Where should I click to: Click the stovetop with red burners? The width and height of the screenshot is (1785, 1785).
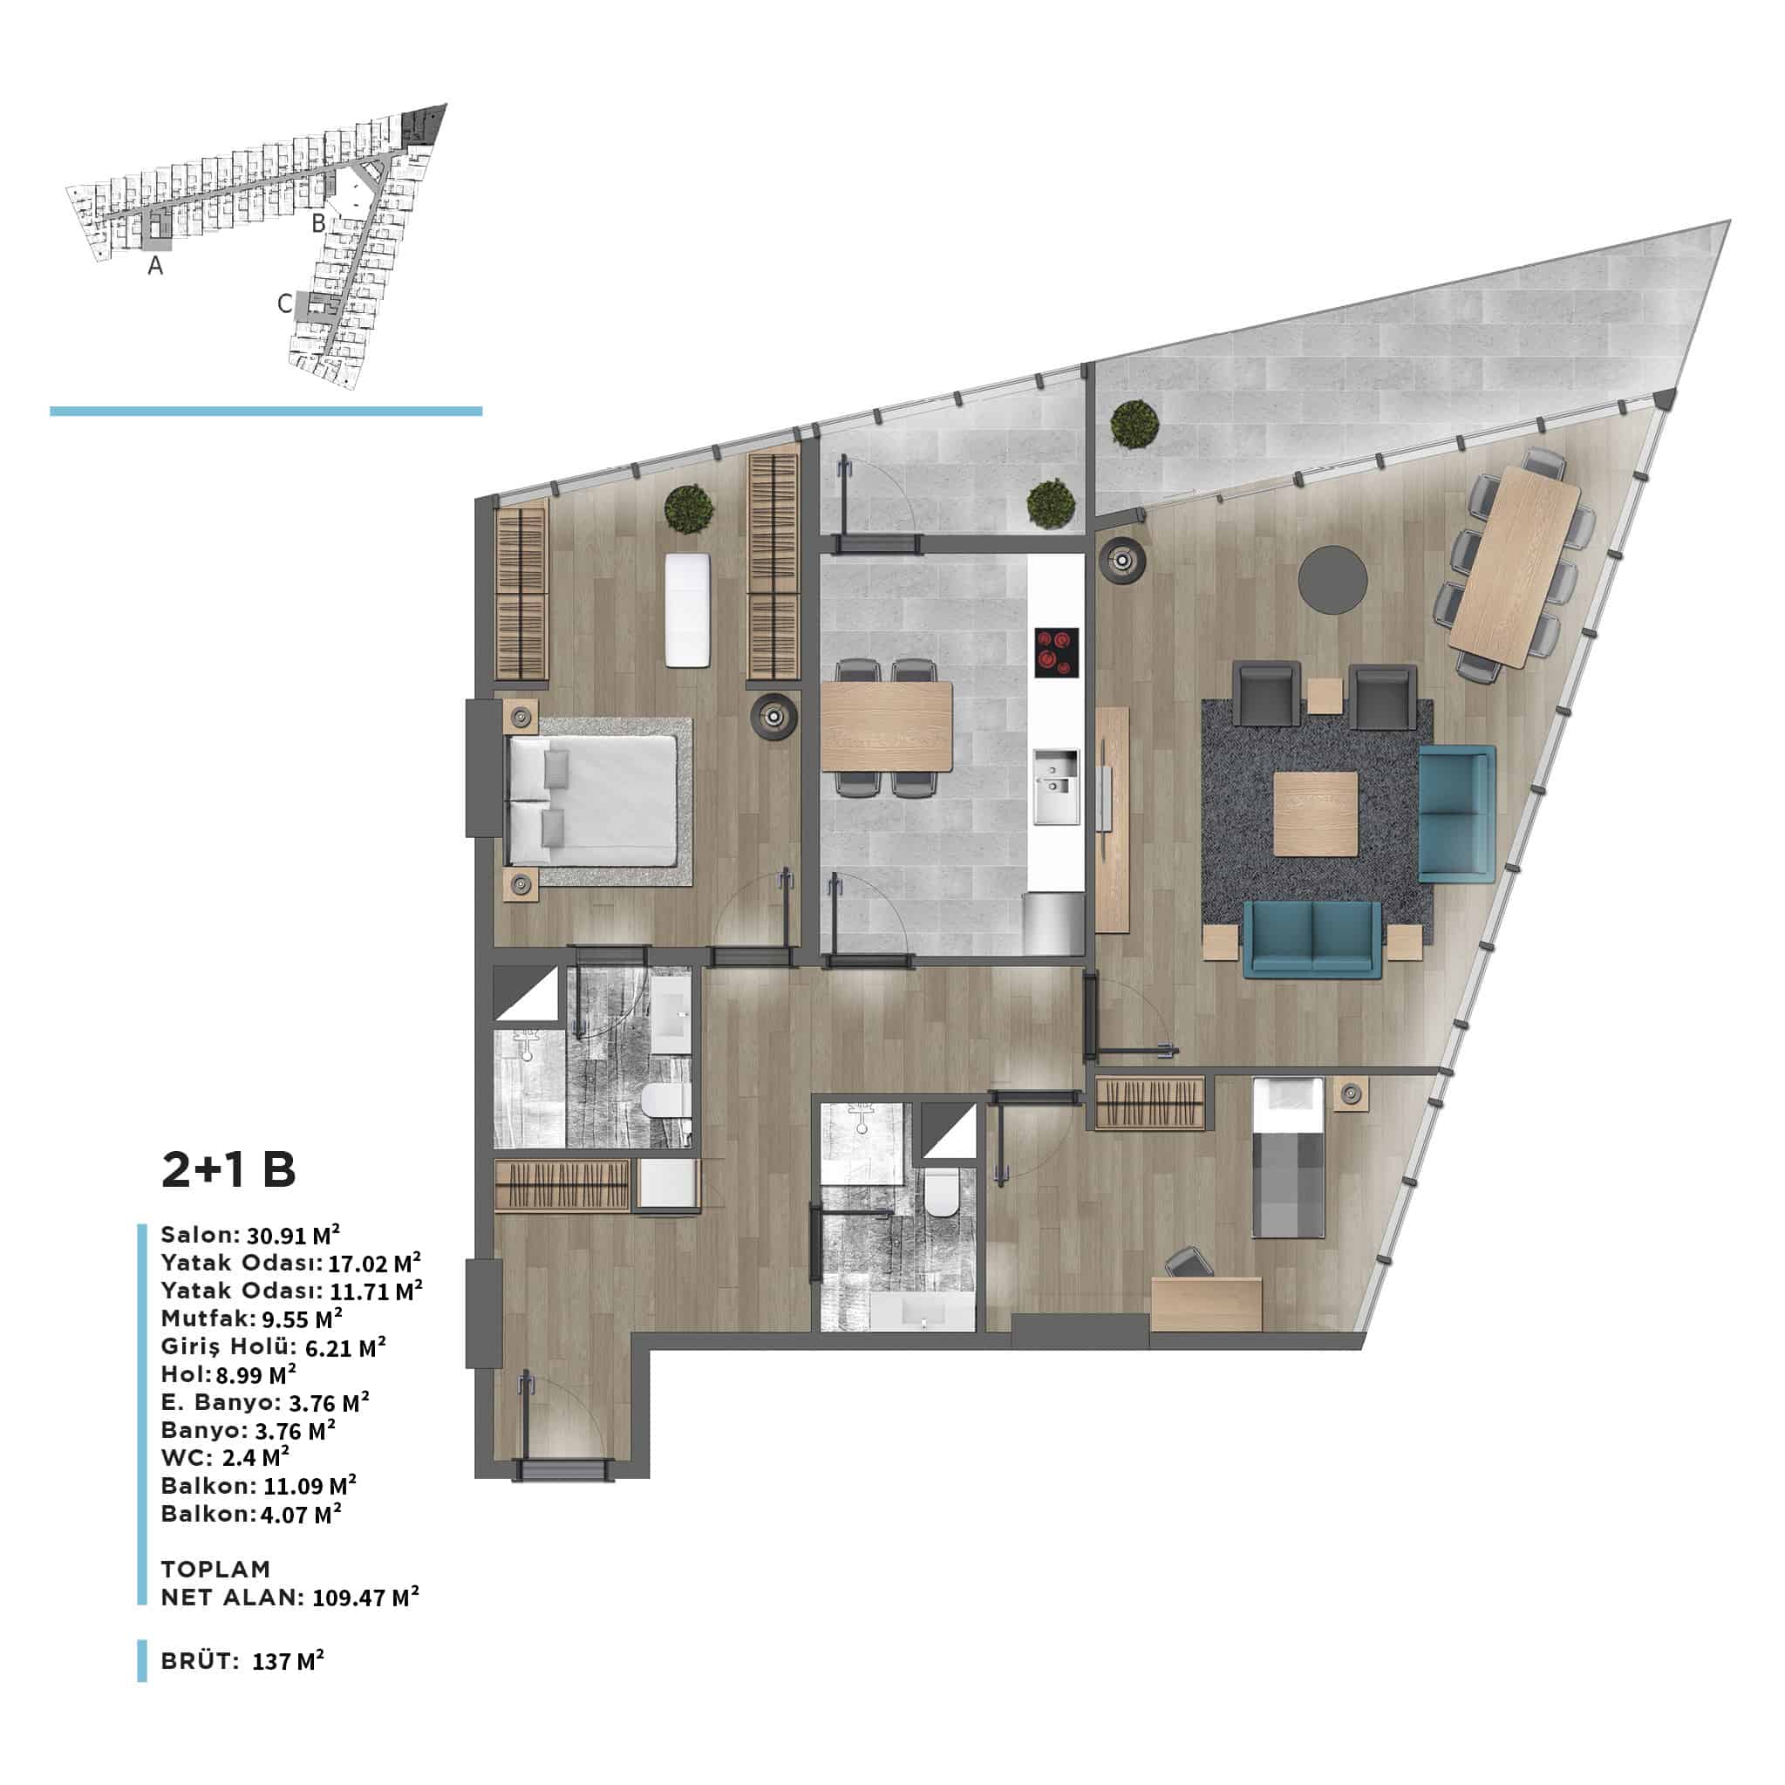point(1057,653)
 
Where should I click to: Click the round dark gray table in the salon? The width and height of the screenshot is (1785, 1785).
point(1332,579)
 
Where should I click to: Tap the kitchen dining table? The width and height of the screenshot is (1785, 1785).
point(886,726)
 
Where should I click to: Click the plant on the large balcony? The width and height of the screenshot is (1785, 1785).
point(1135,424)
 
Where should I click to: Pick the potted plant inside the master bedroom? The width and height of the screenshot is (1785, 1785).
point(689,509)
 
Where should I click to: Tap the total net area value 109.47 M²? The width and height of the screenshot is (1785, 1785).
point(366,1597)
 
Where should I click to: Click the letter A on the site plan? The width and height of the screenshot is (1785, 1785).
point(156,266)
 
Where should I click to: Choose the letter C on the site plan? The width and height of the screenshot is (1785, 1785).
point(285,303)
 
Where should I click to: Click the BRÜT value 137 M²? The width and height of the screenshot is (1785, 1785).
point(289,1660)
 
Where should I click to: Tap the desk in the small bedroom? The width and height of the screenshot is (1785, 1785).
point(1207,1305)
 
